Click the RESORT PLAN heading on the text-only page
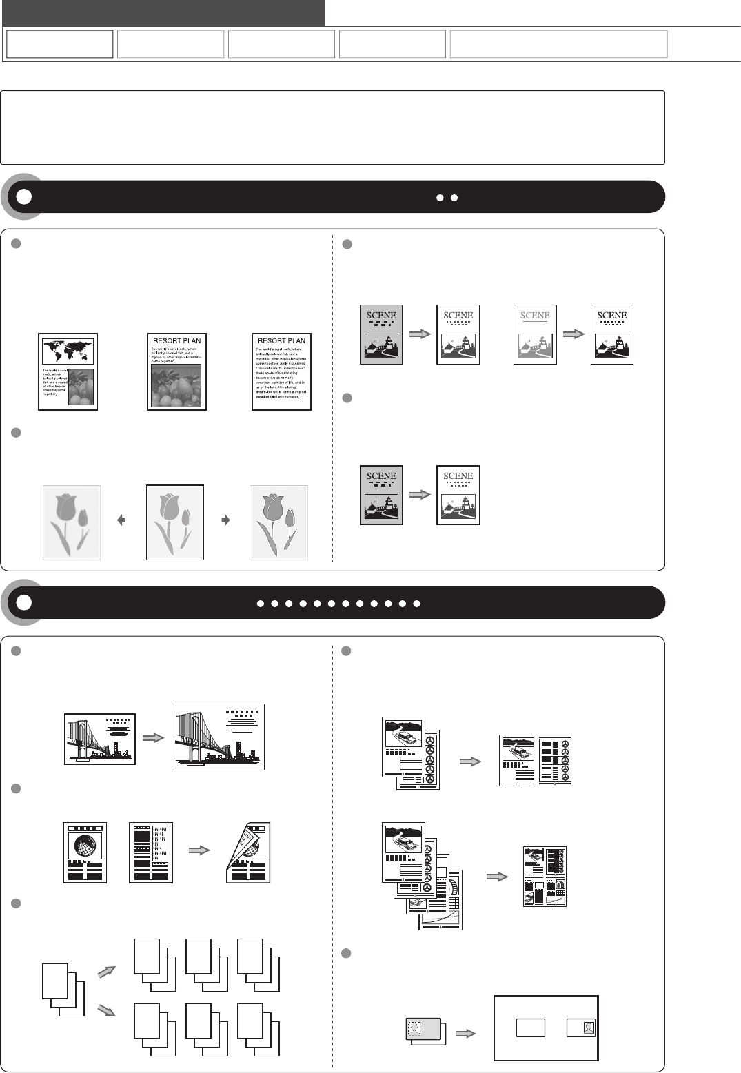point(281,340)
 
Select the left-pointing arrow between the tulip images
point(122,521)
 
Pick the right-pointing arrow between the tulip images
point(225,521)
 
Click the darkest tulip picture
point(278,522)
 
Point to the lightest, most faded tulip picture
point(72,522)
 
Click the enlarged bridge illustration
point(218,737)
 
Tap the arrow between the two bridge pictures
point(153,737)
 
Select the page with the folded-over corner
point(249,852)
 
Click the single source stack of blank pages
point(63,990)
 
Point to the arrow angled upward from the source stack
point(107,971)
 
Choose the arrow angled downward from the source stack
point(107,1010)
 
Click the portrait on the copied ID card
point(588,1028)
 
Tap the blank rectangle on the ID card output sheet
point(530,1028)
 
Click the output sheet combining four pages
point(545,877)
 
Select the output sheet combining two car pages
point(536,761)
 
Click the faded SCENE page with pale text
point(535,334)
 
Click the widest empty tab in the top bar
point(558,44)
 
